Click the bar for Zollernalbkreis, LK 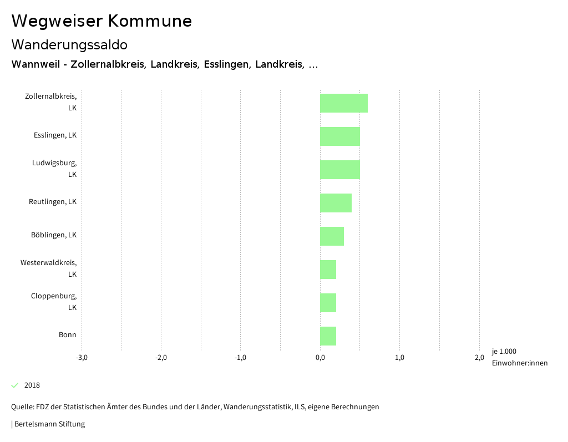click(x=344, y=103)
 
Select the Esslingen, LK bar click(x=340, y=136)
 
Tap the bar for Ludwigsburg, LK click(x=340, y=170)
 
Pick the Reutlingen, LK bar click(x=336, y=203)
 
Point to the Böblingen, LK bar click(x=332, y=236)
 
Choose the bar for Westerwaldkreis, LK click(x=328, y=270)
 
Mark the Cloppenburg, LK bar click(x=328, y=303)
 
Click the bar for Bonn click(x=328, y=336)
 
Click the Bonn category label click(x=68, y=335)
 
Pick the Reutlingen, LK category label click(x=53, y=202)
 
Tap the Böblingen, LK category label click(x=54, y=235)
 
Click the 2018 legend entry click(x=32, y=385)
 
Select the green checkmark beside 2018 click(x=15, y=385)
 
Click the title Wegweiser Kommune click(x=102, y=21)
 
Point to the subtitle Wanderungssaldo click(x=69, y=44)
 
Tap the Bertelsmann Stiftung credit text click(x=49, y=424)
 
